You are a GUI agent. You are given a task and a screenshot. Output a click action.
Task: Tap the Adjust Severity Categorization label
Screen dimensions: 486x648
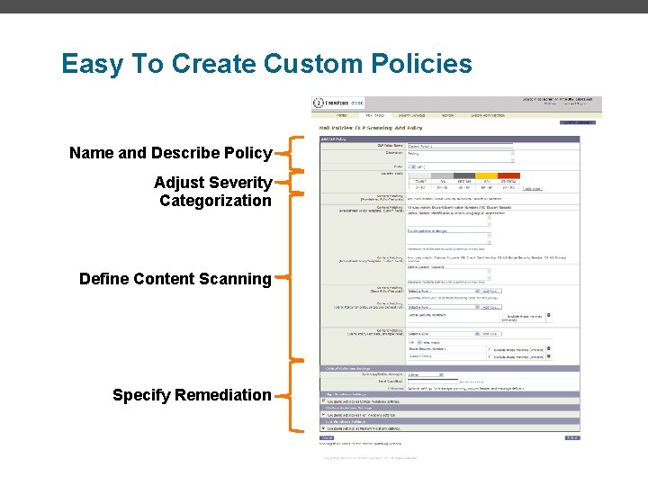point(213,192)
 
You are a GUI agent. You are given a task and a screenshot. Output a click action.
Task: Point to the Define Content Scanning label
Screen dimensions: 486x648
point(175,279)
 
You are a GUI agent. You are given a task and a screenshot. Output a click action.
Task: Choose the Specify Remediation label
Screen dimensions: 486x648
point(191,395)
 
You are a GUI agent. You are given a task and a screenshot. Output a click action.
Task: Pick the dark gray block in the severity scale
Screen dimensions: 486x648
point(463,176)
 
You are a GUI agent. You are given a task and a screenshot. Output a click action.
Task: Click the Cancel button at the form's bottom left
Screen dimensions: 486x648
point(327,438)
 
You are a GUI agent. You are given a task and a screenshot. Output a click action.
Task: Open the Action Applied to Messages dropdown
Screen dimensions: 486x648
point(426,374)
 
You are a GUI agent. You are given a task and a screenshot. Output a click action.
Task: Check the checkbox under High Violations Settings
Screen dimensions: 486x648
point(324,400)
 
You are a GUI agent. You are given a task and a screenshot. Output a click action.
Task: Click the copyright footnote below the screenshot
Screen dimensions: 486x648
point(369,458)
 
